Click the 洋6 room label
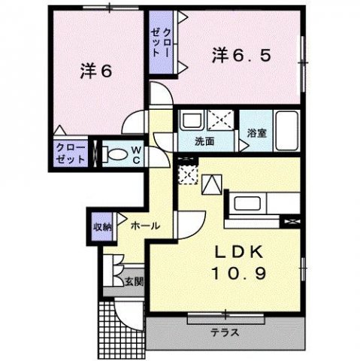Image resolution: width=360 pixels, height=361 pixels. click(96, 72)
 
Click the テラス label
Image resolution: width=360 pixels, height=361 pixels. click(224, 330)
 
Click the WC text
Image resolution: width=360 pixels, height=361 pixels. click(136, 154)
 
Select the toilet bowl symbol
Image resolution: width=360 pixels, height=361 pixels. click(115, 154)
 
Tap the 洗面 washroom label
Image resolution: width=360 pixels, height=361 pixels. click(205, 141)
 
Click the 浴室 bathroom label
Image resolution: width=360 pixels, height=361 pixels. click(256, 133)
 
